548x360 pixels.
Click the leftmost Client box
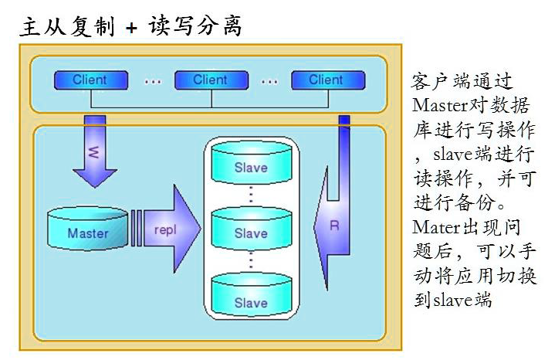click(x=90, y=80)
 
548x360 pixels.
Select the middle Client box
click(x=210, y=80)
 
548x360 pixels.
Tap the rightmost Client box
click(x=326, y=80)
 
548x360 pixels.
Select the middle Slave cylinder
click(x=250, y=231)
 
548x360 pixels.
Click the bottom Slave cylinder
click(x=250, y=299)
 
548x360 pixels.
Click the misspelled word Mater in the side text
click(x=434, y=228)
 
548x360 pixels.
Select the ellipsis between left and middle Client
click(x=151, y=80)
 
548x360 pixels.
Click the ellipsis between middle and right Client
click(x=269, y=80)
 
